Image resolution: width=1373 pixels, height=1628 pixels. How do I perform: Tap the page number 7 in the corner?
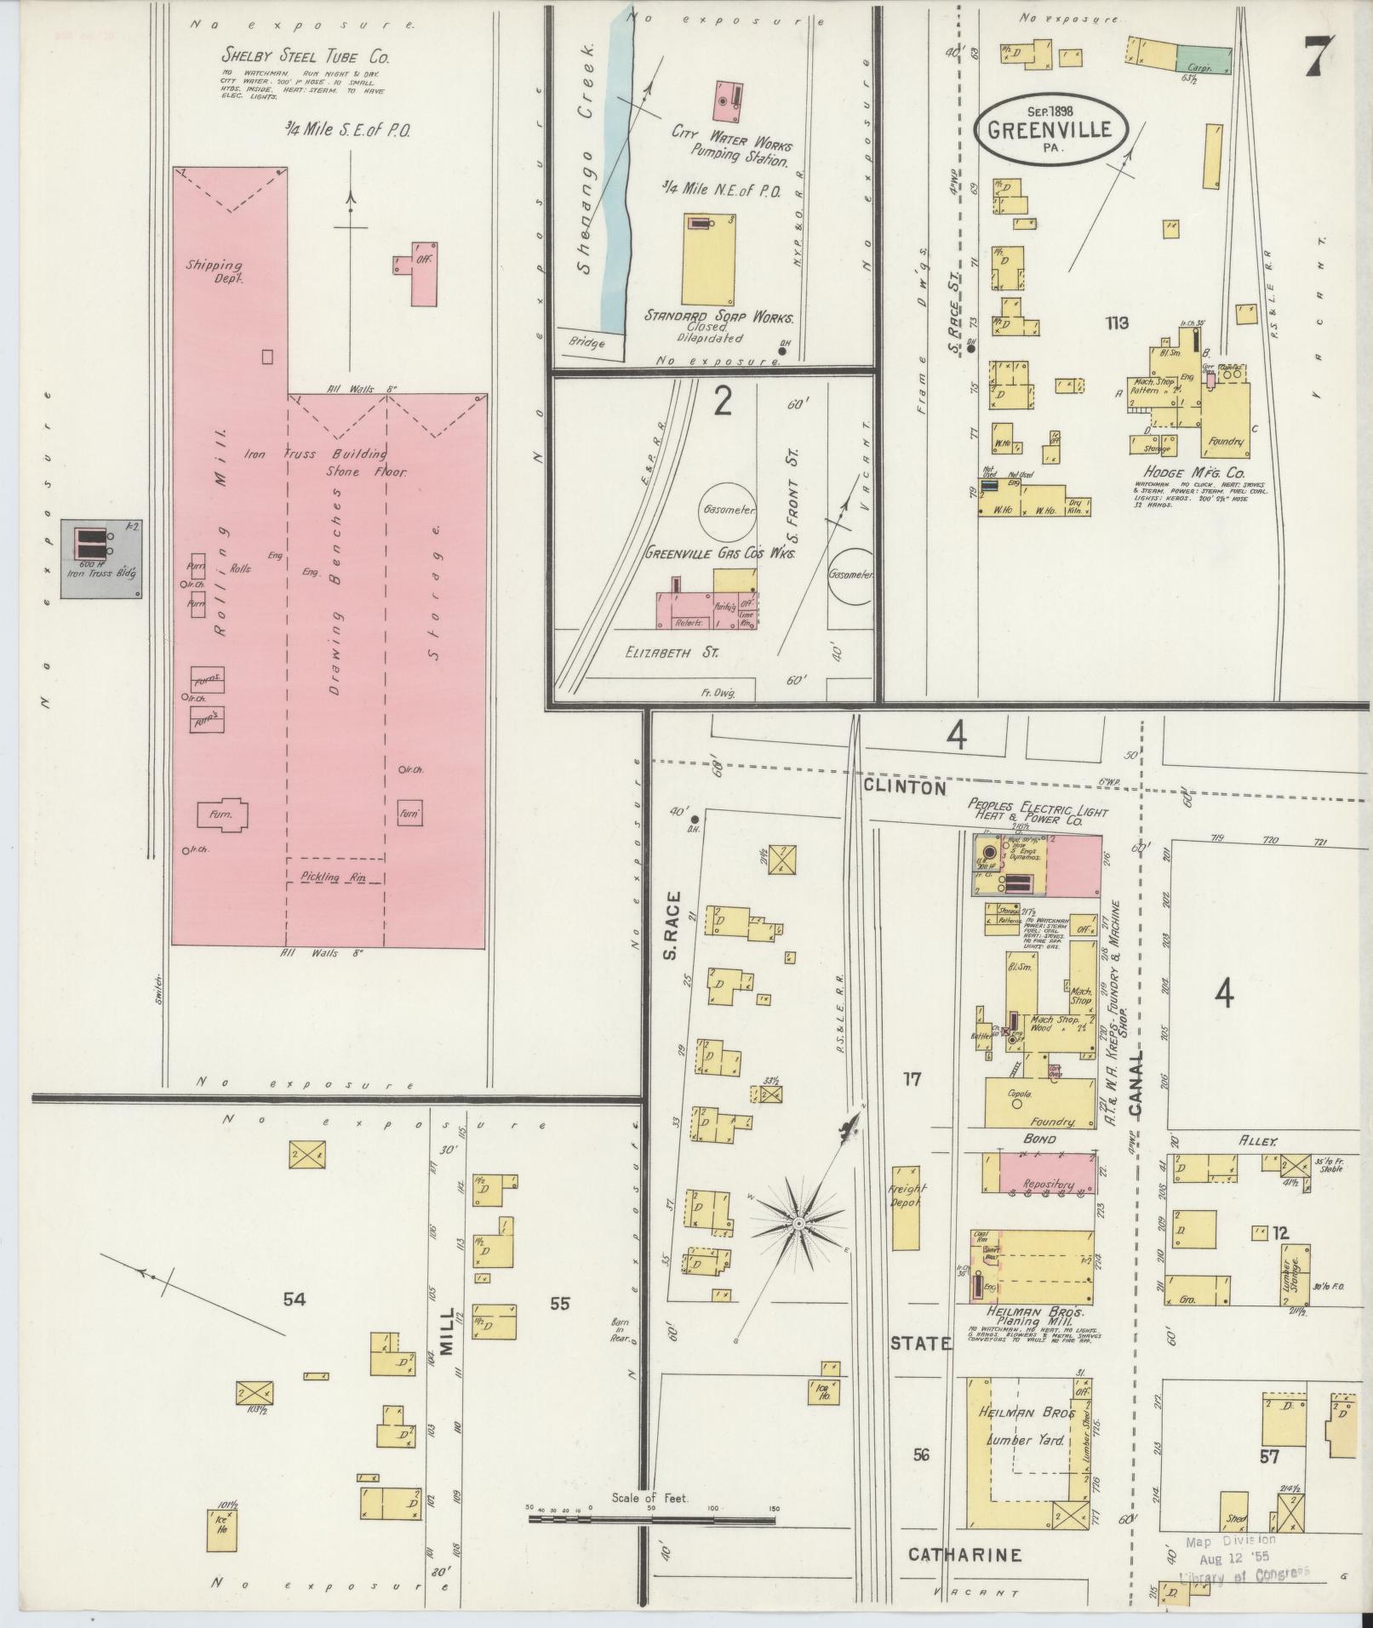click(1320, 57)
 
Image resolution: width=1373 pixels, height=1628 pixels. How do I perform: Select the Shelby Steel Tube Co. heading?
click(306, 58)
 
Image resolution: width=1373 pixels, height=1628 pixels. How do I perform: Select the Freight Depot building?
click(906, 1207)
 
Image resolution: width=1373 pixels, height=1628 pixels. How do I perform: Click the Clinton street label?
click(904, 787)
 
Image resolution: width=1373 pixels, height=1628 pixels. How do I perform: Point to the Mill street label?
click(448, 1354)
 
